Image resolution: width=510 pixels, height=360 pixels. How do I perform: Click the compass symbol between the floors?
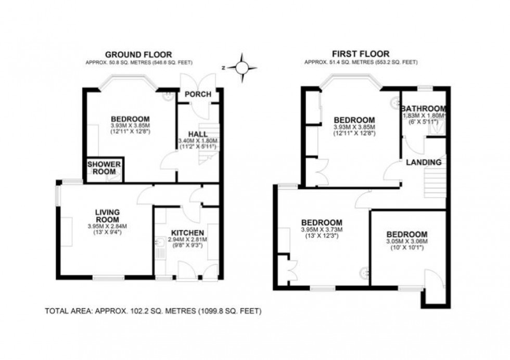pos(243,67)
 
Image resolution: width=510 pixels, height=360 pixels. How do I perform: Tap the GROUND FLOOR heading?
pos(138,54)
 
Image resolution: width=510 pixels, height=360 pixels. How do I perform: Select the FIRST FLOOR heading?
pos(361,53)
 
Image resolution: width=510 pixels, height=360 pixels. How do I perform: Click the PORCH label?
pos(198,94)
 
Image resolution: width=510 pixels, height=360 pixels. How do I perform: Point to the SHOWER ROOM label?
pos(104,168)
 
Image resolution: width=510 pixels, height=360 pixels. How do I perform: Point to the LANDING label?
pos(424,162)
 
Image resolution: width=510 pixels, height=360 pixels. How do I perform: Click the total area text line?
pos(153,311)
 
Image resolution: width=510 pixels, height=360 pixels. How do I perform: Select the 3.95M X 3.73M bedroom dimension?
pos(321,229)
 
